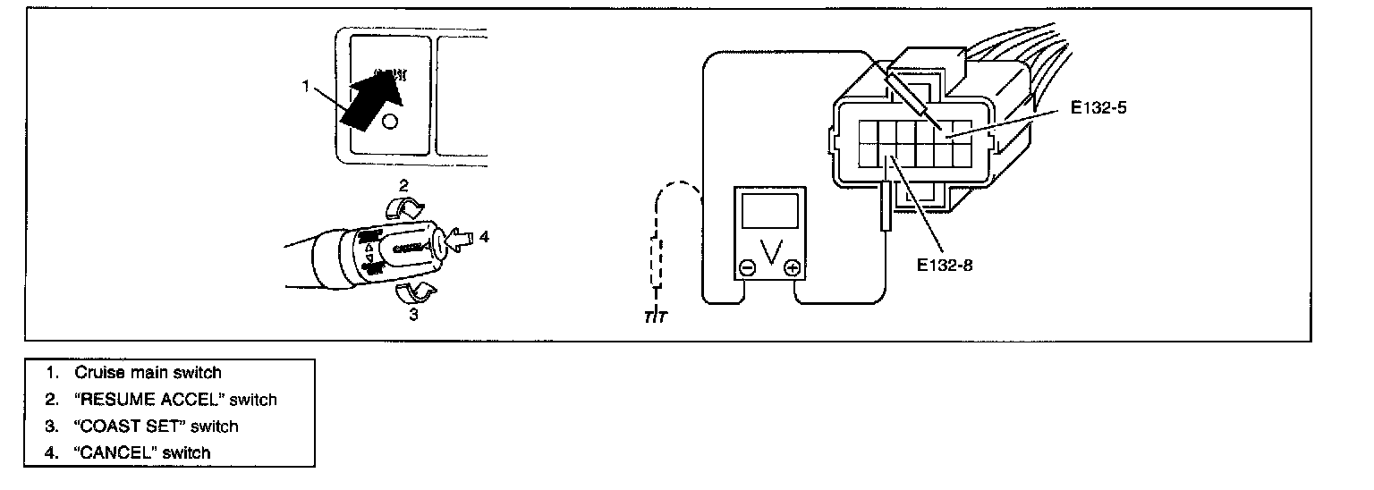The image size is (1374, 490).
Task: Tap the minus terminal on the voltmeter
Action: (748, 266)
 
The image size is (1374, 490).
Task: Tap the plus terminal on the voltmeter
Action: (791, 266)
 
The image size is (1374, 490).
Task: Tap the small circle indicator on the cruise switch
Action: (389, 122)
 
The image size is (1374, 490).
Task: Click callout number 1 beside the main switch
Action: (305, 87)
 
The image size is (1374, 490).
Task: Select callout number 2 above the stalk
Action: (403, 187)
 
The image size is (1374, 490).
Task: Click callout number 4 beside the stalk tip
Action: (484, 237)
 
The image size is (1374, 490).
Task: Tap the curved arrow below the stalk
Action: (415, 291)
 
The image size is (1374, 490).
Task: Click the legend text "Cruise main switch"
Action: (148, 372)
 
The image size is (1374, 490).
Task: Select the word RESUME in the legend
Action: (117, 399)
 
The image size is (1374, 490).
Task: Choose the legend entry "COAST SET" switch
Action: (157, 426)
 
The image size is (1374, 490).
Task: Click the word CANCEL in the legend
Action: (113, 452)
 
